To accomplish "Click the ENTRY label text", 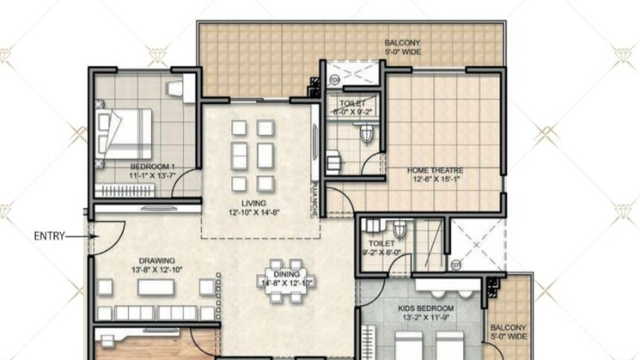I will click(x=49, y=236).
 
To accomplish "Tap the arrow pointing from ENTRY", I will click(x=80, y=236).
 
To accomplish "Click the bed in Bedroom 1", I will click(x=126, y=133).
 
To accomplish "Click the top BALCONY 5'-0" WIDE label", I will click(x=395, y=46).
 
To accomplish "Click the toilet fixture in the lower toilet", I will click(x=399, y=230).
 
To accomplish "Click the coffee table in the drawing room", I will click(x=156, y=287).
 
